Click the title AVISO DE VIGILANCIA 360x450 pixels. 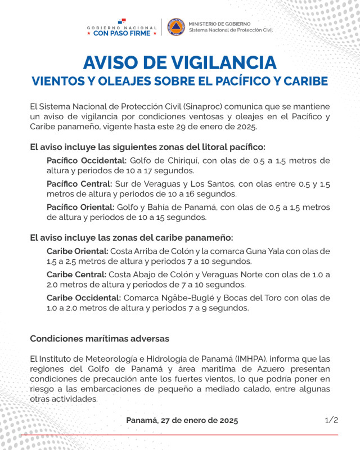pyautogui.click(x=179, y=62)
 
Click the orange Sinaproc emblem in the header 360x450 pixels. pyautogui.click(x=175, y=26)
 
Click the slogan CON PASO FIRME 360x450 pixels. pyautogui.click(x=122, y=33)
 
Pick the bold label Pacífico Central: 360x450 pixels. pyautogui.click(x=79, y=184)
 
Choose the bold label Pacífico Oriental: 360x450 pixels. pyautogui.click(x=80, y=207)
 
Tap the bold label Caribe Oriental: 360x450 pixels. pyautogui.click(x=77, y=251)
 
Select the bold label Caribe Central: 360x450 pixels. pyautogui.click(x=76, y=274)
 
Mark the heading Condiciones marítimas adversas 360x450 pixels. pyautogui.click(x=99, y=339)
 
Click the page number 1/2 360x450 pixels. pyautogui.click(x=331, y=420)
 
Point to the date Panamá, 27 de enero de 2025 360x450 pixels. pyautogui.click(x=182, y=420)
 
